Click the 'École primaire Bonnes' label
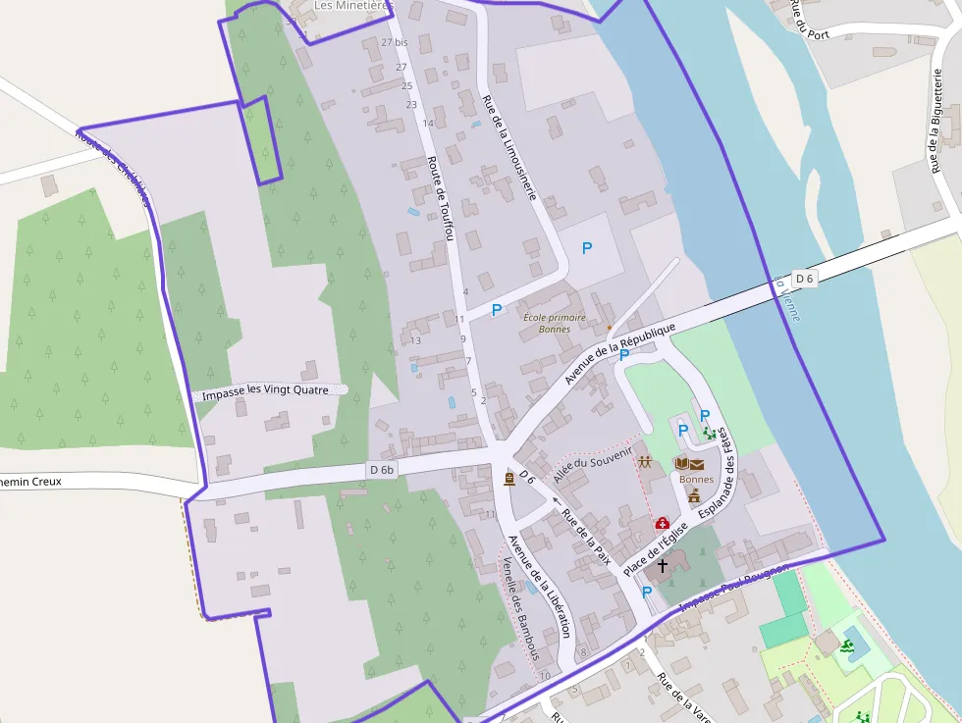[554, 323]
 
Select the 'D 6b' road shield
[381, 470]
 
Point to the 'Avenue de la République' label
[620, 351]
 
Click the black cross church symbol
[662, 565]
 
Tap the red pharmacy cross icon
[662, 524]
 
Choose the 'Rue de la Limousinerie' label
[508, 146]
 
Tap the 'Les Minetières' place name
[352, 6]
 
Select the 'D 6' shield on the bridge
[805, 279]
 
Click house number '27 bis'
[394, 42]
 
